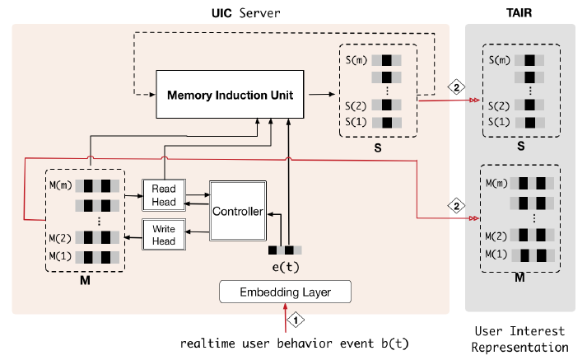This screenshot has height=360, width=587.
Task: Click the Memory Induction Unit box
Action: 230,94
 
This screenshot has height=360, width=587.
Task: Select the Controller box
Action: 236,211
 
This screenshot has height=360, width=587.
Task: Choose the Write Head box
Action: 164,235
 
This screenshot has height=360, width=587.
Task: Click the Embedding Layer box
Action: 285,292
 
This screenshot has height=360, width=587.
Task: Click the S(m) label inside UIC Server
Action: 357,59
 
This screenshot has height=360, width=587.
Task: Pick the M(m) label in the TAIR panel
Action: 496,182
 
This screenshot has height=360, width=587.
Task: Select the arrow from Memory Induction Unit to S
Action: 318,94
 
